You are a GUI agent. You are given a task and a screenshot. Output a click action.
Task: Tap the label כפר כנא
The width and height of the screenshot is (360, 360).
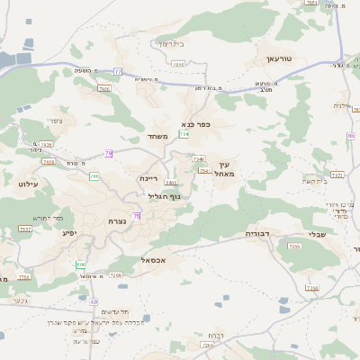pyautogui.click(x=195, y=124)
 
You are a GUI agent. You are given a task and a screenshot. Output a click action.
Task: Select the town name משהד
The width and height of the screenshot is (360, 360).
pyautogui.click(x=157, y=136)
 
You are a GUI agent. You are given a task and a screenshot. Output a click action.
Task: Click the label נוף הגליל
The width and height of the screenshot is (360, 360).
pyautogui.click(x=163, y=196)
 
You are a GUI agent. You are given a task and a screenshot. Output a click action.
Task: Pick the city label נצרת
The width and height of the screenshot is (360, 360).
pyautogui.click(x=117, y=221)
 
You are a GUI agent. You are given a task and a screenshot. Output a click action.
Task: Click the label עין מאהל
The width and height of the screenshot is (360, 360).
pyautogui.click(x=224, y=168)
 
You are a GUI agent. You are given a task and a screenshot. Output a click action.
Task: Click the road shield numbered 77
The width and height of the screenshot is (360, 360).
pyautogui.click(x=118, y=70)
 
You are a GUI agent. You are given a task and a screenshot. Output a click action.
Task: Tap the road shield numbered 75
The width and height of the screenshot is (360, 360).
pyautogui.click(x=137, y=216)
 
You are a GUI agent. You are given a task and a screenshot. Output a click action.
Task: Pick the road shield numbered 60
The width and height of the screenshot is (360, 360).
pyautogui.click(x=94, y=301)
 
